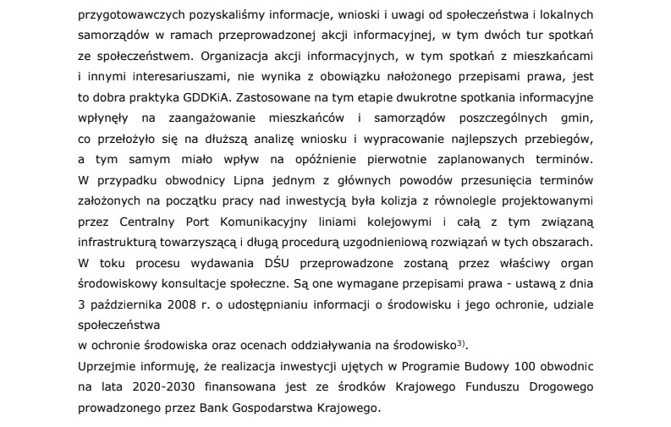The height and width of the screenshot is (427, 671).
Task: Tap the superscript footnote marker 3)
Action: coord(461,342)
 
